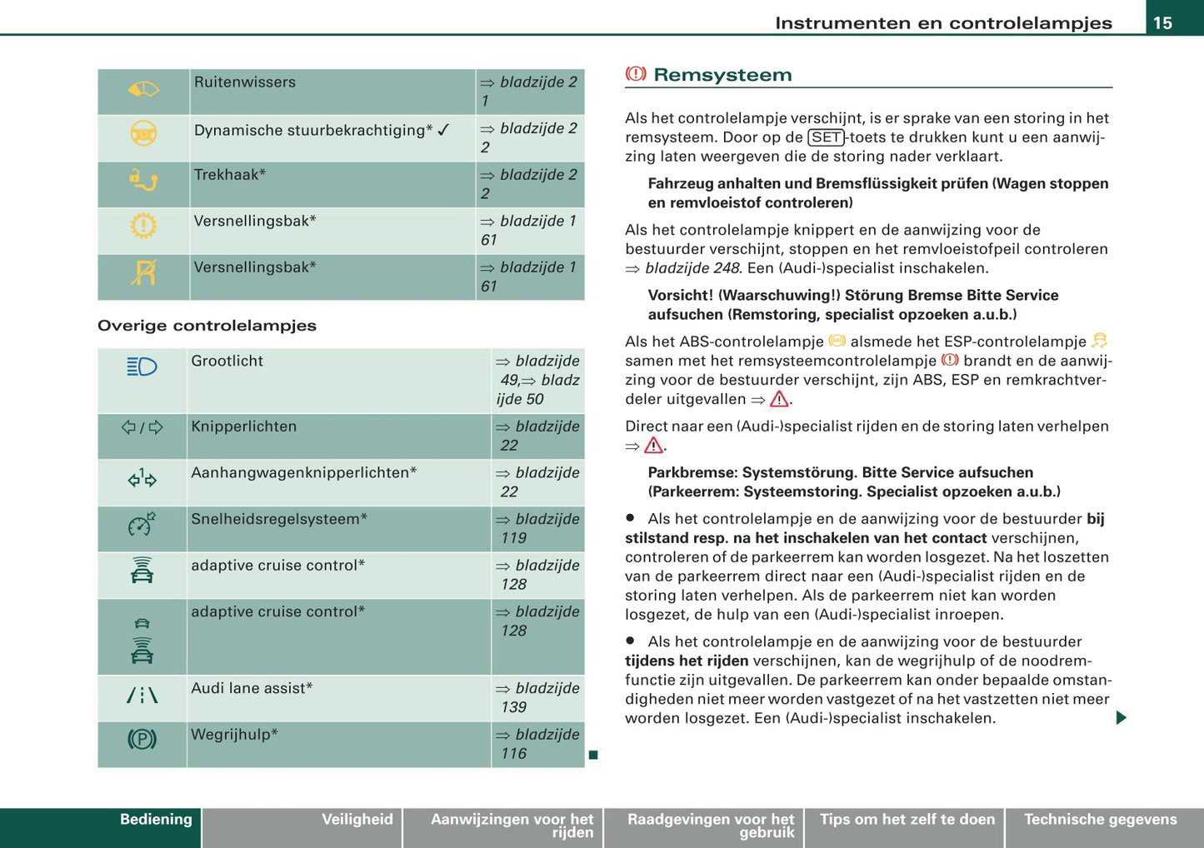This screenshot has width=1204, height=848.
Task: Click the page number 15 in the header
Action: (x=1162, y=22)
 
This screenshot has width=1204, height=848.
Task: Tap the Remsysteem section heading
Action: (x=722, y=75)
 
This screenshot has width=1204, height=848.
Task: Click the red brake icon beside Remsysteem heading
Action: (x=636, y=74)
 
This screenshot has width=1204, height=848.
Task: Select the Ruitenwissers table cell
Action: (x=245, y=82)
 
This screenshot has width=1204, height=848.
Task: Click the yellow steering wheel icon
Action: (x=143, y=133)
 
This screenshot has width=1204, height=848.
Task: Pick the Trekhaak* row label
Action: (x=230, y=175)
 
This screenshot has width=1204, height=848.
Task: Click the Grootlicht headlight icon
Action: (x=142, y=367)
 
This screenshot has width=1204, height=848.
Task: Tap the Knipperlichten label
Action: (x=243, y=426)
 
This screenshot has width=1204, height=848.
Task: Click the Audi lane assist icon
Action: (x=142, y=695)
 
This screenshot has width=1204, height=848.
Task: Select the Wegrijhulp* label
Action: (x=234, y=735)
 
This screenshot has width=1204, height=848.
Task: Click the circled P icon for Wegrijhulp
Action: (x=142, y=739)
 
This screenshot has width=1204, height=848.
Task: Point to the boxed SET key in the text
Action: (x=827, y=137)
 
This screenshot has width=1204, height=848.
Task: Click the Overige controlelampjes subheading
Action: (x=207, y=326)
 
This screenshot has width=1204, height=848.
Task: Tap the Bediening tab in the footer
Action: (x=156, y=820)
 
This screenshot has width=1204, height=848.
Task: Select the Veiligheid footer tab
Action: (x=357, y=820)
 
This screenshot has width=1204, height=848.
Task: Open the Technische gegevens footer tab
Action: (x=1100, y=820)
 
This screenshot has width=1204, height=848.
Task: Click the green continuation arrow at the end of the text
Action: (x=1121, y=717)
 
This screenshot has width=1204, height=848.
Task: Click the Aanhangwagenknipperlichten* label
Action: (x=303, y=473)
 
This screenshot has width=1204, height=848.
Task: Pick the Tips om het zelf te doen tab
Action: (x=907, y=820)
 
